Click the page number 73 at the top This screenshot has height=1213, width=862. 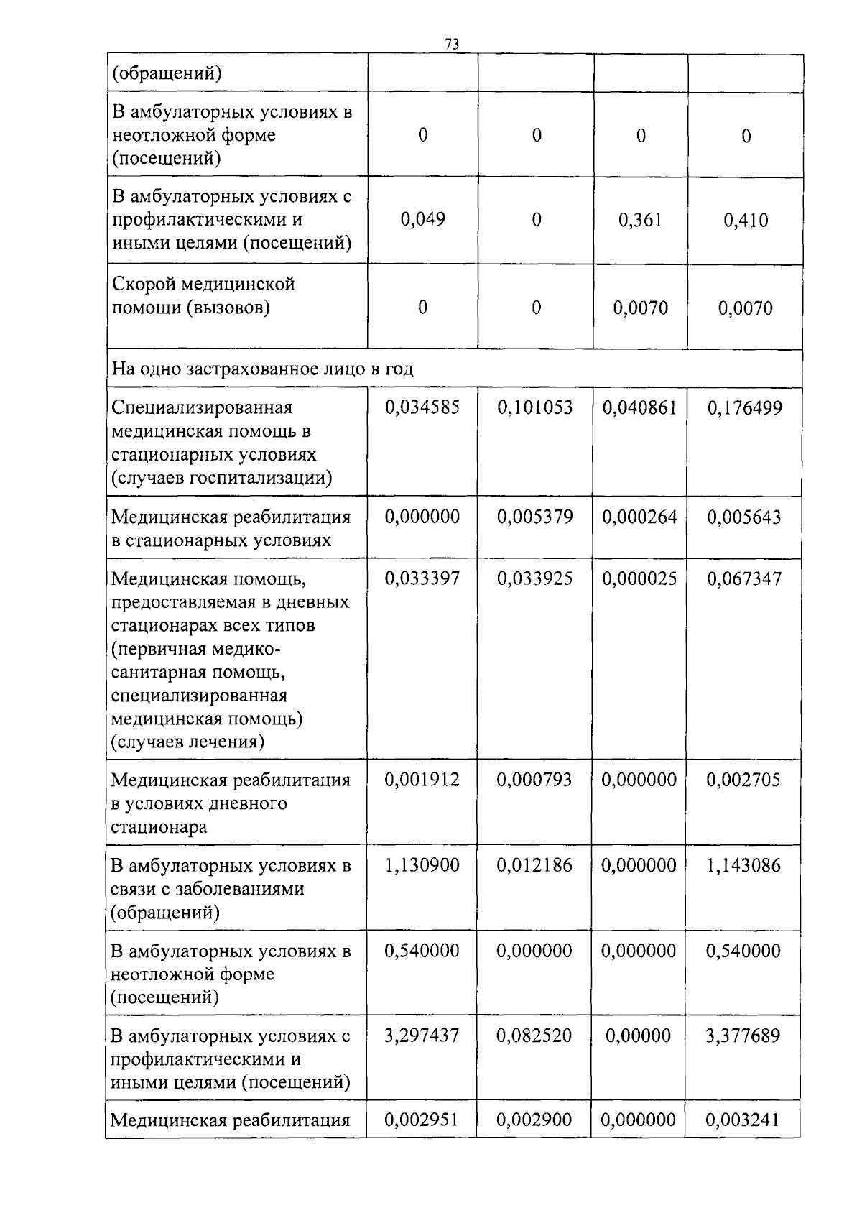(452, 44)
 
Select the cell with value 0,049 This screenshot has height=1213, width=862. (422, 219)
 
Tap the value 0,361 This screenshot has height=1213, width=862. (640, 220)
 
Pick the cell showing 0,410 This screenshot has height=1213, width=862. (746, 220)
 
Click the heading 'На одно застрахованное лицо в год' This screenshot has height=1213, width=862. (263, 369)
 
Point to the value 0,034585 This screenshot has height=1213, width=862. (422, 408)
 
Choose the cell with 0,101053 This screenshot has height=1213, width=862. (535, 408)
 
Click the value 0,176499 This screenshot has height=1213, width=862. (745, 409)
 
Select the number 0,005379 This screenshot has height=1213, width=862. (535, 517)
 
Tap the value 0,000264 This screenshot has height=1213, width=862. (639, 517)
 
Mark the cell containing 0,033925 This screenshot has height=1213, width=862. (535, 578)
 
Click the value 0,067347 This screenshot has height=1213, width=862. (744, 578)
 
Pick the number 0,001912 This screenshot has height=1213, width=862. (422, 780)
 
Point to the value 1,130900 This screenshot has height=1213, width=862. (422, 865)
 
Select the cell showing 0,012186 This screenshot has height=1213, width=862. (534, 865)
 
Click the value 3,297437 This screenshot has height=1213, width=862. (422, 1036)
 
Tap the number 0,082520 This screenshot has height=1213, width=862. (534, 1036)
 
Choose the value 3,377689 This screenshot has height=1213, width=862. (743, 1036)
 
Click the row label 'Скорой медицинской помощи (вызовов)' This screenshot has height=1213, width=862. (203, 296)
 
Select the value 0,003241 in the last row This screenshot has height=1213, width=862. (743, 1120)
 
